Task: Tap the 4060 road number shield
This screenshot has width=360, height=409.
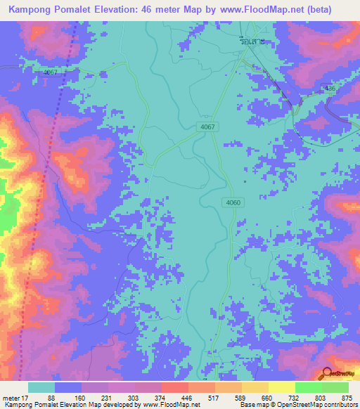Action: coord(233,202)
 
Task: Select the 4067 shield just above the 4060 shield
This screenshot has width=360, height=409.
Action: coord(207,126)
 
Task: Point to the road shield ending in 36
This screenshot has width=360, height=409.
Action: coord(328,88)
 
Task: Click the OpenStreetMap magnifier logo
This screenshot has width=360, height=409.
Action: coord(328,374)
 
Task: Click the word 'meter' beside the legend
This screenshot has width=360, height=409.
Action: coord(11,398)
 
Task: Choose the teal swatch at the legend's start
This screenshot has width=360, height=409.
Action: coord(41,387)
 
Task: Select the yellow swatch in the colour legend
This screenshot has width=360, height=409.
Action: coord(281,387)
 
